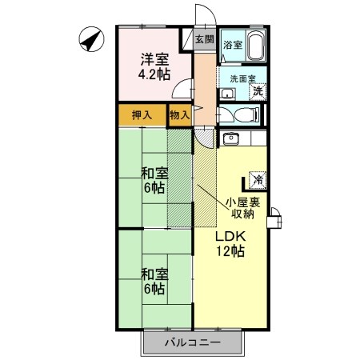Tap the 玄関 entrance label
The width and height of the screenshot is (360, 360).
pyautogui.click(x=204, y=39)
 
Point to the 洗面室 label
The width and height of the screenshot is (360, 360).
pyautogui.click(x=242, y=78)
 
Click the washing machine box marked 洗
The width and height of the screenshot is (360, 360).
pyautogui.click(x=258, y=90)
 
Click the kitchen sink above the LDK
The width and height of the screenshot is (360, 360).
pyautogui.click(x=231, y=138)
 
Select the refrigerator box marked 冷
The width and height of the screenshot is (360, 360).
pyautogui.click(x=259, y=178)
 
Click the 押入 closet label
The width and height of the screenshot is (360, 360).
pyautogui.click(x=142, y=115)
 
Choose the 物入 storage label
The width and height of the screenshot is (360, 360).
pyautogui.click(x=180, y=115)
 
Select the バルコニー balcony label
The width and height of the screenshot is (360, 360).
pyautogui.click(x=192, y=343)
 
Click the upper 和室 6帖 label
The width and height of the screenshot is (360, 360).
pyautogui.click(x=155, y=181)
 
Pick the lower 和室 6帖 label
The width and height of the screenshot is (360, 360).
pyautogui.click(x=155, y=282)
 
